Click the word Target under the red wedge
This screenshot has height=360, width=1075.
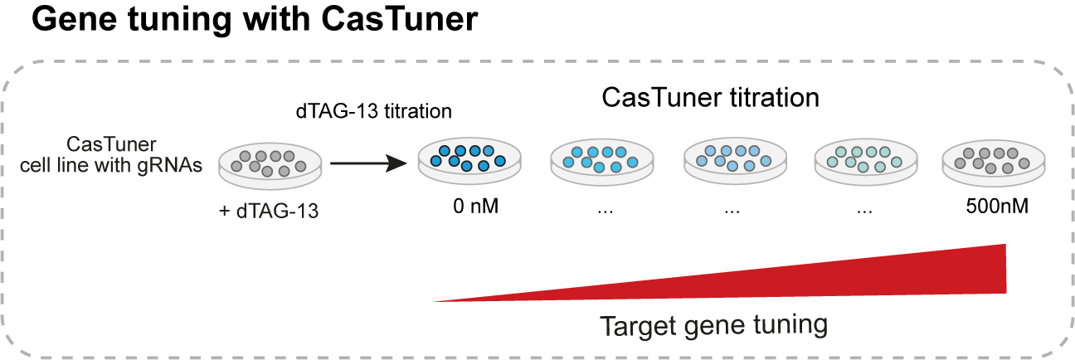pos(640,324)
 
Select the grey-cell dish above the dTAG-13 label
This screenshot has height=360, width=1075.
pos(269,163)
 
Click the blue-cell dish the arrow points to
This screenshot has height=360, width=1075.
pos(469,159)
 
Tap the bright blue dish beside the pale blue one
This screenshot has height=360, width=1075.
pos(602,159)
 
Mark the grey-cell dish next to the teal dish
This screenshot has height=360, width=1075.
pos(993,160)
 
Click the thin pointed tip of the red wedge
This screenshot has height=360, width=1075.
pos(436,300)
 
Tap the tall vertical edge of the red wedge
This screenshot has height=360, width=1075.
pos(1005,268)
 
